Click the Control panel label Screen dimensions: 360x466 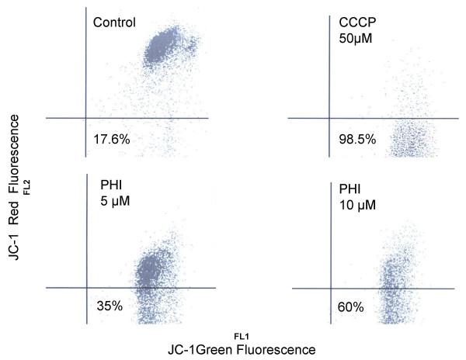coord(114,22)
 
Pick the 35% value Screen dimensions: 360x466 coord(109,305)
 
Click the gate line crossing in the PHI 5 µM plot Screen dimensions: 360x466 coord(85,288)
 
